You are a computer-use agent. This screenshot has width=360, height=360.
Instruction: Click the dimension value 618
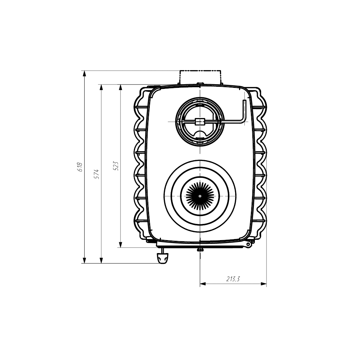coord(80,167)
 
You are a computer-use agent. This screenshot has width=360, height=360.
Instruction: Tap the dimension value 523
coord(116,166)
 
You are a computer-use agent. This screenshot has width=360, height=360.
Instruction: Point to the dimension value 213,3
coord(233,279)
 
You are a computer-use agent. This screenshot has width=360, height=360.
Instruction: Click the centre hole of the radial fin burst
coord(200,196)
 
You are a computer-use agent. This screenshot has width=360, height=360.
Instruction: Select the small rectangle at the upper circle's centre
coord(199,121)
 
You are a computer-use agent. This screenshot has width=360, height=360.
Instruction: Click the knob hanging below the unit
coord(163,258)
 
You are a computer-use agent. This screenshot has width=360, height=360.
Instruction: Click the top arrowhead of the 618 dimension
coord(84,74)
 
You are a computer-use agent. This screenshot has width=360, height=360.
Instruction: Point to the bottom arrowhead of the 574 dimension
coord(101,260)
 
